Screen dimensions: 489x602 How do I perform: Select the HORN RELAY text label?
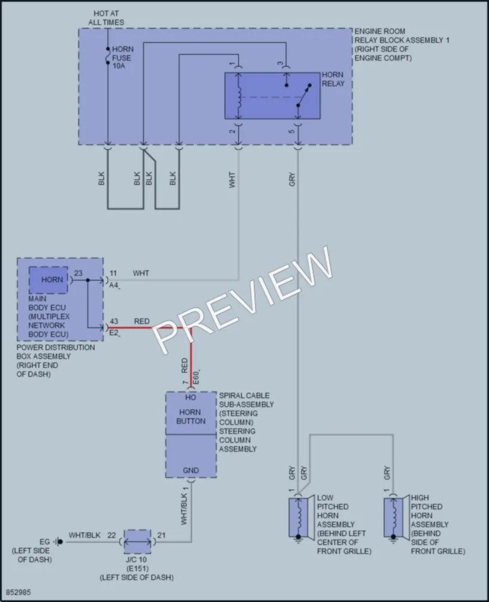click(333, 79)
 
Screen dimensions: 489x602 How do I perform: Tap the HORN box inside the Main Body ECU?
click(48, 280)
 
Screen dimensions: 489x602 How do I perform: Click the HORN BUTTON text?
click(191, 417)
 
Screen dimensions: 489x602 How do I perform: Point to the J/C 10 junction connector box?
click(137, 542)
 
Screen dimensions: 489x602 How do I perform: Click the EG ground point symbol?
click(58, 542)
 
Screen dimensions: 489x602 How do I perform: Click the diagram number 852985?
click(18, 592)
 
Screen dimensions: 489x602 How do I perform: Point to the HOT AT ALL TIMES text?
click(106, 18)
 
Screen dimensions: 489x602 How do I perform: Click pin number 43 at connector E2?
click(114, 322)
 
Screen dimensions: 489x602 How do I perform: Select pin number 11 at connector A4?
click(113, 273)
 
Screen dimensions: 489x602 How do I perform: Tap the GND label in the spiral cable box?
click(191, 470)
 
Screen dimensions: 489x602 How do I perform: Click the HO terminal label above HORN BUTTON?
click(190, 398)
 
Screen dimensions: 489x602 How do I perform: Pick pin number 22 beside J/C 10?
click(112, 535)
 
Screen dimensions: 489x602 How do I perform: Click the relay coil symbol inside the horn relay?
click(239, 97)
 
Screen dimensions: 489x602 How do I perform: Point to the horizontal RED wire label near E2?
click(141, 322)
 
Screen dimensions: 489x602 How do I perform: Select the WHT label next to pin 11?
click(141, 273)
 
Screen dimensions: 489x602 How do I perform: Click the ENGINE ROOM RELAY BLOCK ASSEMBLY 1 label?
click(402, 45)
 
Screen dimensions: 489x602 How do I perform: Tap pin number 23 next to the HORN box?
click(78, 273)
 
